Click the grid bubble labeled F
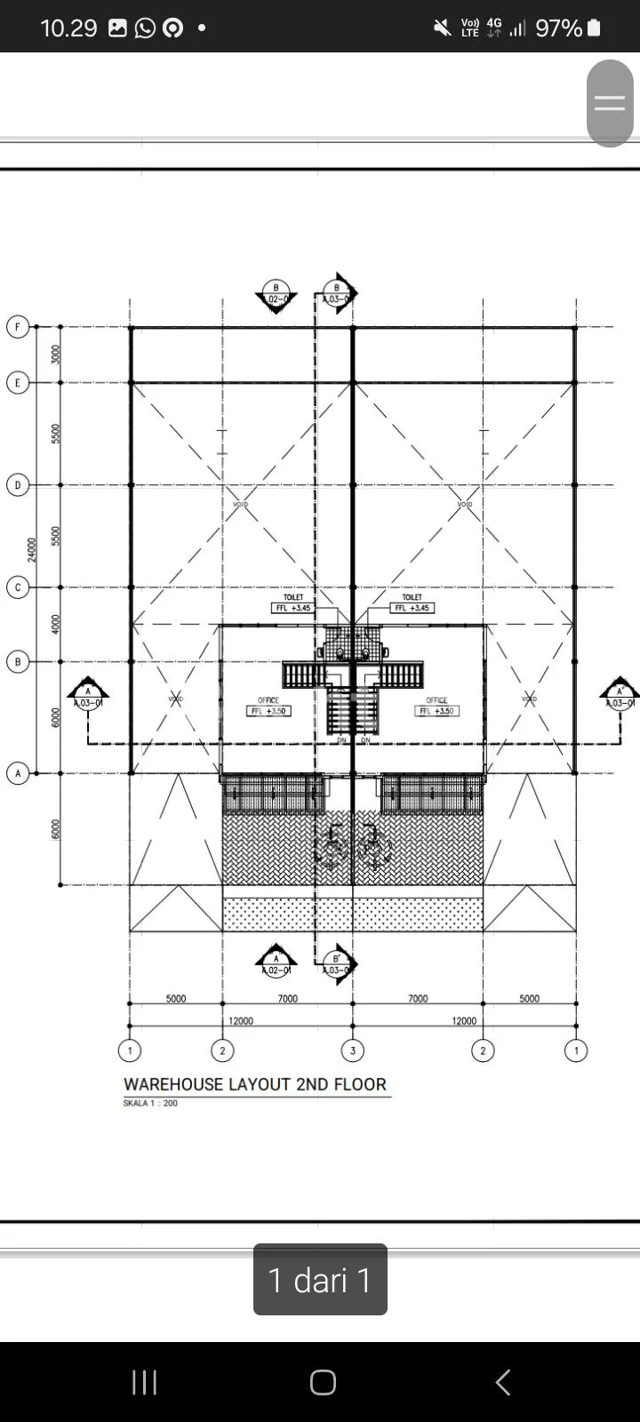point(18,327)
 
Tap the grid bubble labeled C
point(18,587)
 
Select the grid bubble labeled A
point(18,773)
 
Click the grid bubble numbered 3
point(353,1051)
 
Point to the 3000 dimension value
point(56,355)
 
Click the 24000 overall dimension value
point(33,549)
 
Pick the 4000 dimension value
point(56,624)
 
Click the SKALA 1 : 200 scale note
point(150,1103)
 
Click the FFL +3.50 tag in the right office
point(436,711)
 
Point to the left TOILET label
point(293,597)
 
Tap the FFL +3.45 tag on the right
point(412,608)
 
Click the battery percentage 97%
point(558,28)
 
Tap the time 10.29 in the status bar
point(68,28)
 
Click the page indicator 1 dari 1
point(320,1280)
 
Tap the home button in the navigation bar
point(323,1382)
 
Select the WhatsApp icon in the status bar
point(145,28)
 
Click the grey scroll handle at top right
point(610,103)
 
